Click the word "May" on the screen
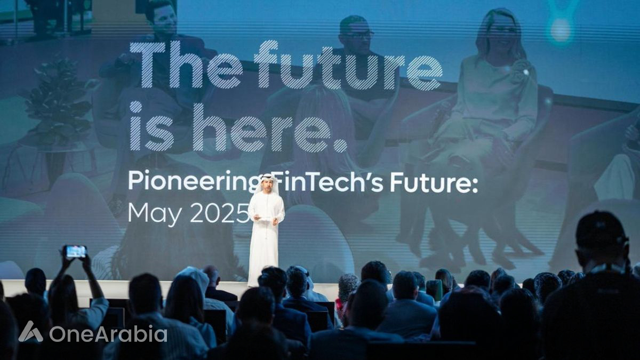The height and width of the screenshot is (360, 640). click(x=155, y=213)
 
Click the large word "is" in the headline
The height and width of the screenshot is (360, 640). click(x=151, y=127)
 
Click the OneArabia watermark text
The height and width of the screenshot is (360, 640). click(x=108, y=334)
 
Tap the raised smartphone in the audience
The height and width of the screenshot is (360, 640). click(x=75, y=251)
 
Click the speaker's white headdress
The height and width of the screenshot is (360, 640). click(x=265, y=185)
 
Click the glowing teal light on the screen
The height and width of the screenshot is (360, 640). click(x=561, y=30)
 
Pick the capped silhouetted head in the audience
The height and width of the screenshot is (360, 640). click(x=602, y=238)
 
